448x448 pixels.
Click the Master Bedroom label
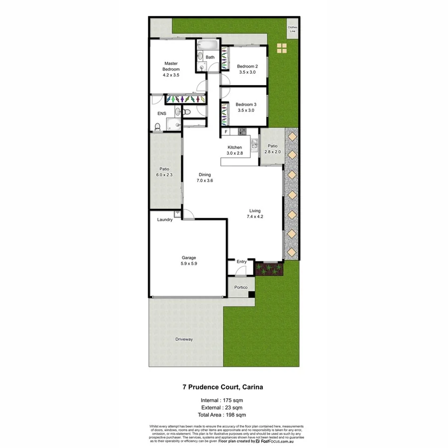(171, 69)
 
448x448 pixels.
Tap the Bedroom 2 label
(247, 69)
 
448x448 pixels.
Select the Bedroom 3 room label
(246, 107)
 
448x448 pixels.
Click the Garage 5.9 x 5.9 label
(188, 260)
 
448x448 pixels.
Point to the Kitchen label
(235, 150)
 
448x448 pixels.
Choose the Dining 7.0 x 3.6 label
(205, 178)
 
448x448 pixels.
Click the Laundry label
(165, 220)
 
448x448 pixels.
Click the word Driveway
(184, 339)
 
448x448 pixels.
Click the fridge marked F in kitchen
(226, 132)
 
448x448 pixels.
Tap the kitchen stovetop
(242, 132)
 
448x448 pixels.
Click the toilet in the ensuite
(157, 128)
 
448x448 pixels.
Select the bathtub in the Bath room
(207, 46)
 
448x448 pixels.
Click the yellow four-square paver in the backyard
(282, 48)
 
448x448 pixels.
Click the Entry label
(241, 262)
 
